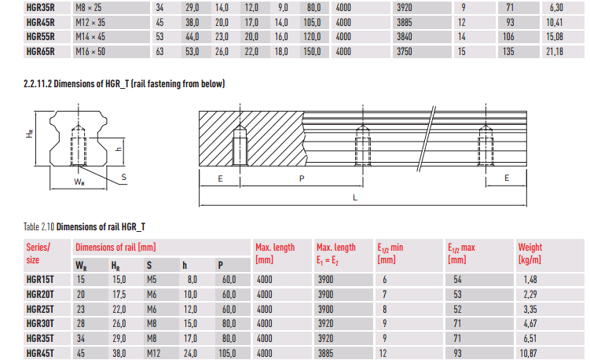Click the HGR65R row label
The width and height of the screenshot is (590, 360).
click(40, 52)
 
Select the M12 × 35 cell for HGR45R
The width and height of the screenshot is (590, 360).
click(90, 23)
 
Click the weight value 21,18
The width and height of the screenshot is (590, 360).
click(555, 52)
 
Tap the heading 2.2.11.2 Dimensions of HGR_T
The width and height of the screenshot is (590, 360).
click(124, 83)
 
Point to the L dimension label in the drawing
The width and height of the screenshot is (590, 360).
click(355, 198)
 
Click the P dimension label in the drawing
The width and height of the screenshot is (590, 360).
click(302, 179)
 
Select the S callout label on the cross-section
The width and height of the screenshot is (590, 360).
click(124, 178)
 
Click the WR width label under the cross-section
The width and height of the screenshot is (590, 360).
click(79, 182)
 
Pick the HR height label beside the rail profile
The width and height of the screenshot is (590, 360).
click(30, 134)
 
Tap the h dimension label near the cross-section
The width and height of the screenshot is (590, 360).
click(119, 149)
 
